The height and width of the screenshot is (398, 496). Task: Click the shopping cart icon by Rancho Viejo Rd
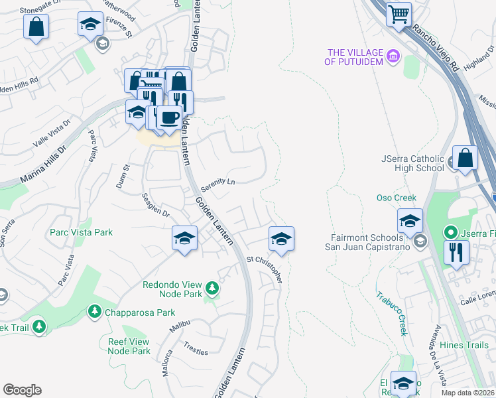(x=399, y=14)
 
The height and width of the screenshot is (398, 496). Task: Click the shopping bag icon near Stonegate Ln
(x=36, y=27)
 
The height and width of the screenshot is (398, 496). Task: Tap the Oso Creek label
(x=396, y=198)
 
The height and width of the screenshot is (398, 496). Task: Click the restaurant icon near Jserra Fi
(x=457, y=251)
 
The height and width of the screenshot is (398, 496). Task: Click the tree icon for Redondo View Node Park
(x=212, y=288)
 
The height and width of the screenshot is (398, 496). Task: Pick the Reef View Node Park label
(x=129, y=346)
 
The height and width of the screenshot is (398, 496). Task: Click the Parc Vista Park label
(x=81, y=232)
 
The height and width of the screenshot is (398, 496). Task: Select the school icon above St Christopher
(x=282, y=238)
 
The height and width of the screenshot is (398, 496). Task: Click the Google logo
(x=22, y=390)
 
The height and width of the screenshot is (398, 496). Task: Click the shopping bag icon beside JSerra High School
(x=465, y=159)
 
